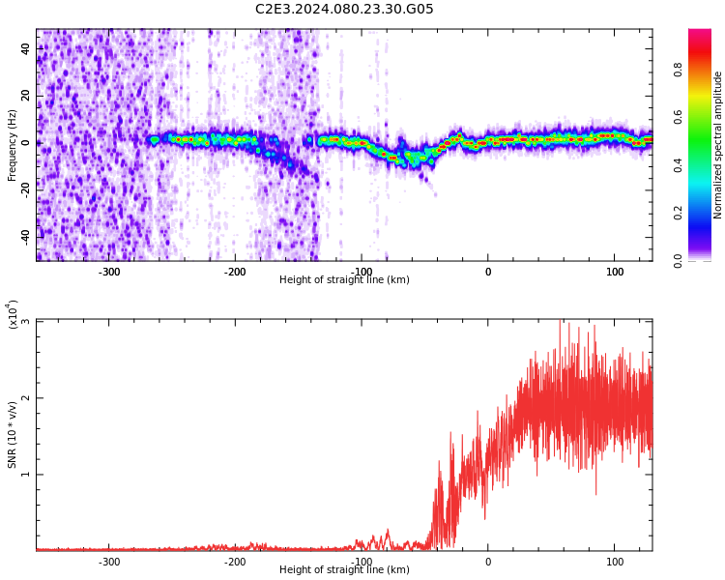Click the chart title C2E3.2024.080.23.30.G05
[x=344, y=9]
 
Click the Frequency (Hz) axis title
[x=12, y=145]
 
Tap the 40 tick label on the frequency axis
[x=25, y=48]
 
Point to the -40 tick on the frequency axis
[x=25, y=238]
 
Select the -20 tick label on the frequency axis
[x=25, y=190]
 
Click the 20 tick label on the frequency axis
[x=25, y=96]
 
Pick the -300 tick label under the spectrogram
[x=108, y=272]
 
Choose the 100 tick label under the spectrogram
[x=615, y=272]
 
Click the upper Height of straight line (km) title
[x=344, y=279]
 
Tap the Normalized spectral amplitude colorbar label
[x=717, y=145]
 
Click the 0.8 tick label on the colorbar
[x=678, y=70]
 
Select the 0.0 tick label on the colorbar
[x=678, y=261]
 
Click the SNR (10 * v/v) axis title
[x=12, y=435]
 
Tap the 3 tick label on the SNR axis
[x=25, y=322]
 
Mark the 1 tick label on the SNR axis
[x=25, y=475]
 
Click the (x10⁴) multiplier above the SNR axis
[x=13, y=314]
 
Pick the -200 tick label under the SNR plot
[x=235, y=562]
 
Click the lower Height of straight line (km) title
[x=344, y=569]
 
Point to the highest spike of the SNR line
[x=560, y=320]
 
